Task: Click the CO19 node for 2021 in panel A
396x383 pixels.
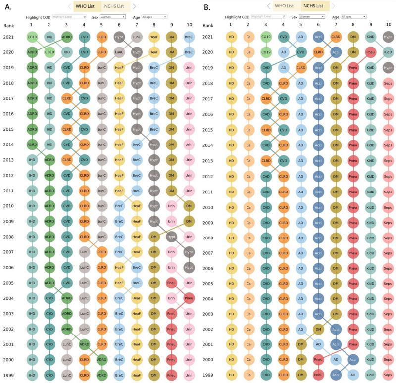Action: pos(32,37)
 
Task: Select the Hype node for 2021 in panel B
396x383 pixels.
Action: pos(388,37)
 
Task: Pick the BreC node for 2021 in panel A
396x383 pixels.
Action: pos(189,37)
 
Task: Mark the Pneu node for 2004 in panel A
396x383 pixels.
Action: pos(189,299)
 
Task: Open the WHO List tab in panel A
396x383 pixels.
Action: pos(87,6)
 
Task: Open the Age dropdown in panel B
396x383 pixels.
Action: pos(353,17)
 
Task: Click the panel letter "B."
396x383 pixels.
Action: pos(207,7)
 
